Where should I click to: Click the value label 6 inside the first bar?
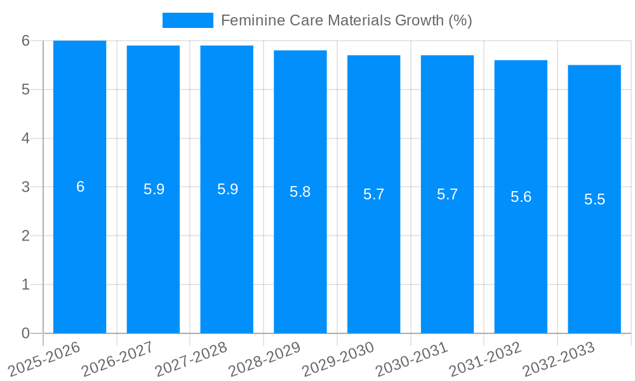(x=80, y=187)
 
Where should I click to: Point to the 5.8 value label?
(x=300, y=192)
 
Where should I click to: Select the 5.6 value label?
(x=521, y=197)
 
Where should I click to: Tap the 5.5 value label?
(x=594, y=199)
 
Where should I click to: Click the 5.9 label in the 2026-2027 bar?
(x=154, y=189)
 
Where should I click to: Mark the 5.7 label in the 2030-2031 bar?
(x=447, y=194)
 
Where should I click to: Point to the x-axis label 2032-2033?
(x=558, y=359)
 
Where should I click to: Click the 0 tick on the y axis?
(x=25, y=333)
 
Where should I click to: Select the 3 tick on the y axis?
(x=25, y=187)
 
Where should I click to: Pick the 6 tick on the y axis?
(x=25, y=41)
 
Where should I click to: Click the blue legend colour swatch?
(x=187, y=20)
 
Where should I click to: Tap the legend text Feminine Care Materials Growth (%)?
(x=346, y=20)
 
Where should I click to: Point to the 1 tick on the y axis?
(x=25, y=284)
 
